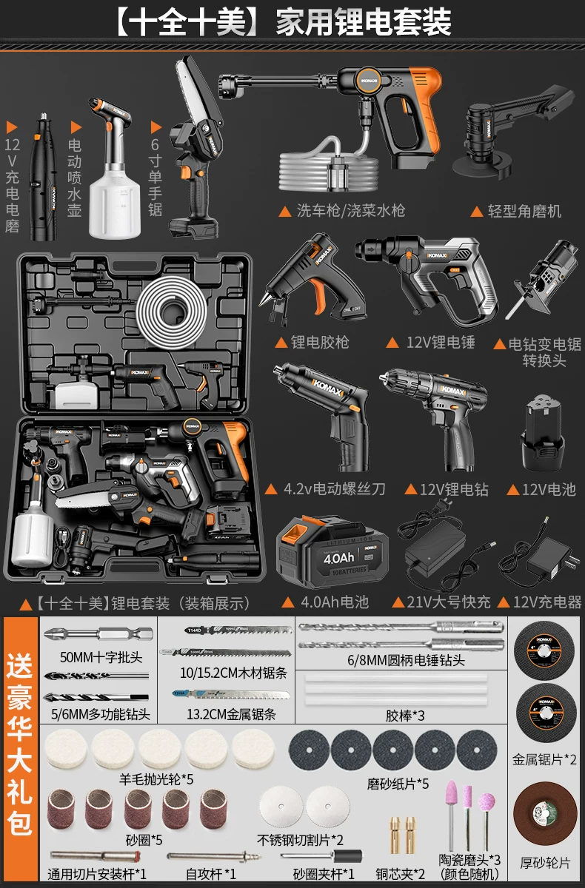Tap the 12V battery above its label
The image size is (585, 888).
pos(542,436)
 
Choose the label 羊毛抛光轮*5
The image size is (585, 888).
pos(156,779)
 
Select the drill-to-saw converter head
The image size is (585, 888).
pos(549,289)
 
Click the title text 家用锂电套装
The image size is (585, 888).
pos(363,23)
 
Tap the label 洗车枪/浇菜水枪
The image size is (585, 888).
pos(349,211)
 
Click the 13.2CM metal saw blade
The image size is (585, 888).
pos(234,696)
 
